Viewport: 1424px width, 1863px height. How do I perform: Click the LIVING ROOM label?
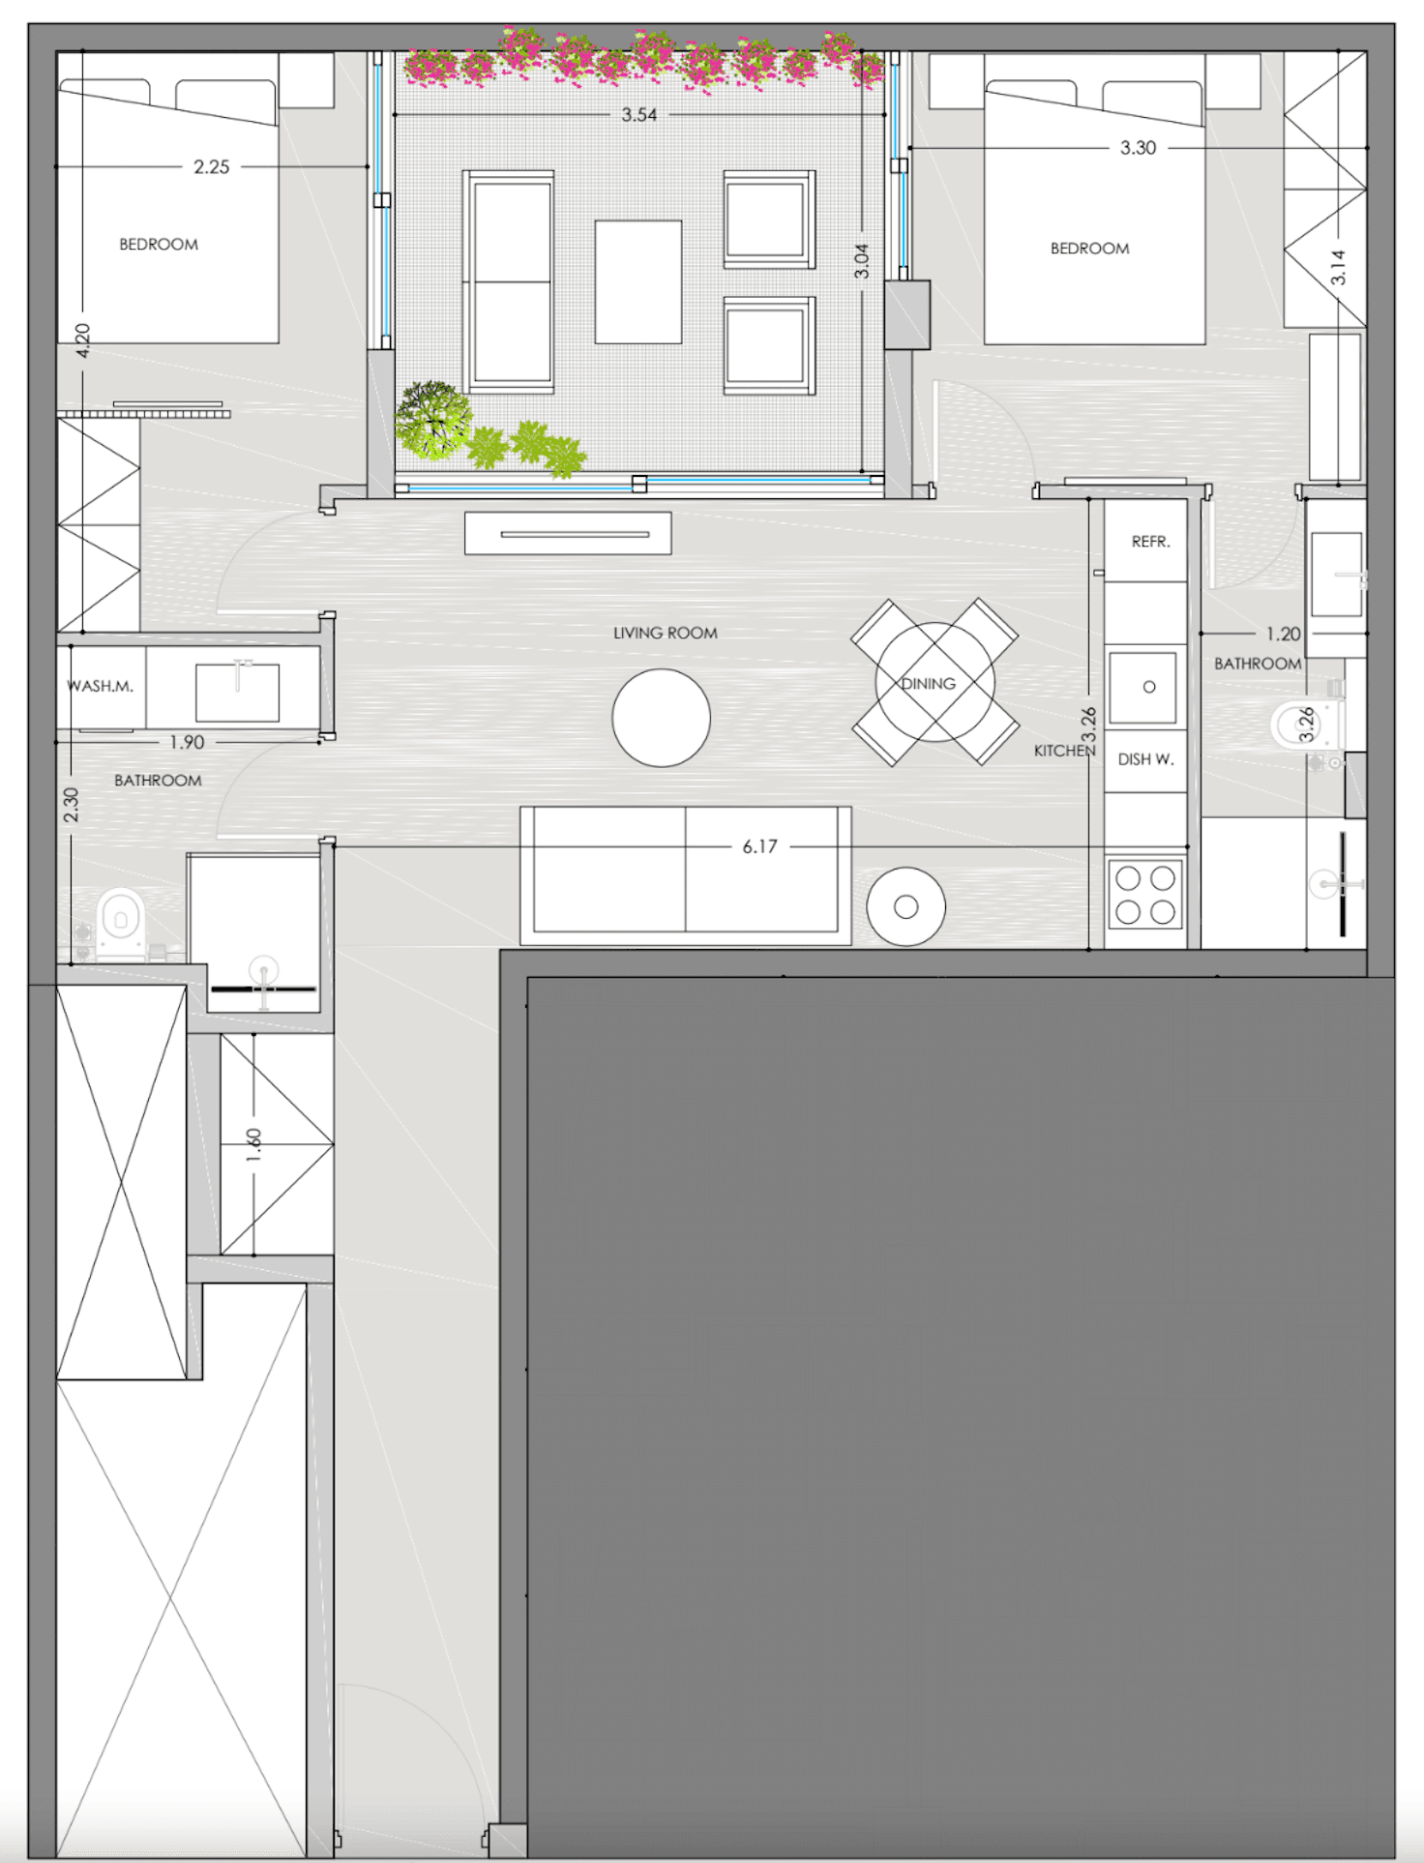coord(666,633)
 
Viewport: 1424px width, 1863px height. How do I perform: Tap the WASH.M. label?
coord(101,686)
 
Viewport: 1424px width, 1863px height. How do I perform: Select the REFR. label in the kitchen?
coord(1151,542)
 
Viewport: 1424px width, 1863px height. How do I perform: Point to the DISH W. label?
coord(1145,759)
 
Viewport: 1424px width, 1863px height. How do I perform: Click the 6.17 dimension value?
coord(759,846)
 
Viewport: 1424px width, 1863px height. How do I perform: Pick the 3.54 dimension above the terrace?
coord(639,114)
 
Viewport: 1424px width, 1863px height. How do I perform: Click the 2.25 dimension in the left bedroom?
coord(212,166)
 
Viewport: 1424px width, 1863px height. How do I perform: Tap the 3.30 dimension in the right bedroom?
coord(1139,147)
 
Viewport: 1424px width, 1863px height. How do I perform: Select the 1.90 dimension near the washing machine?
coord(187,742)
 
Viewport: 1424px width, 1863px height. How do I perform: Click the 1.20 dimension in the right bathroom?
coord(1284,634)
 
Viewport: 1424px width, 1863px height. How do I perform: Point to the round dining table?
coord(934,682)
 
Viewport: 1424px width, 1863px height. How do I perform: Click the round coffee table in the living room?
coord(662,718)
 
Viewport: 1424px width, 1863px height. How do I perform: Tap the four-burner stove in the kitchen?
coord(1145,894)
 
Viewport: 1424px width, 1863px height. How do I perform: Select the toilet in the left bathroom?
coord(121,923)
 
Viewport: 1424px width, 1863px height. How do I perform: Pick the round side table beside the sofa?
coord(906,906)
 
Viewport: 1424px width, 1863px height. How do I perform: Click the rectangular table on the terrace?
coord(638,281)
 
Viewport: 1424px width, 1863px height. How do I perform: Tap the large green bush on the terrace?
coord(433,420)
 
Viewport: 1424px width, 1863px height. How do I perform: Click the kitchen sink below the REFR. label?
coord(1142,687)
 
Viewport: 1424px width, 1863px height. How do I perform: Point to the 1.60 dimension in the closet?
coord(253,1145)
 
